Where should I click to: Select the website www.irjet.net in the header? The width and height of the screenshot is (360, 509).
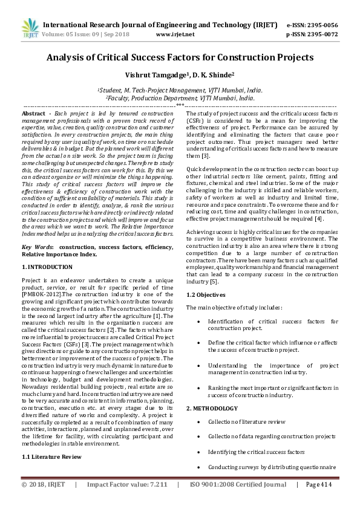175,34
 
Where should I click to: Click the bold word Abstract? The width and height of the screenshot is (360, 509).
33,114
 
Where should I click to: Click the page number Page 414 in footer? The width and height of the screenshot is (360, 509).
320,484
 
